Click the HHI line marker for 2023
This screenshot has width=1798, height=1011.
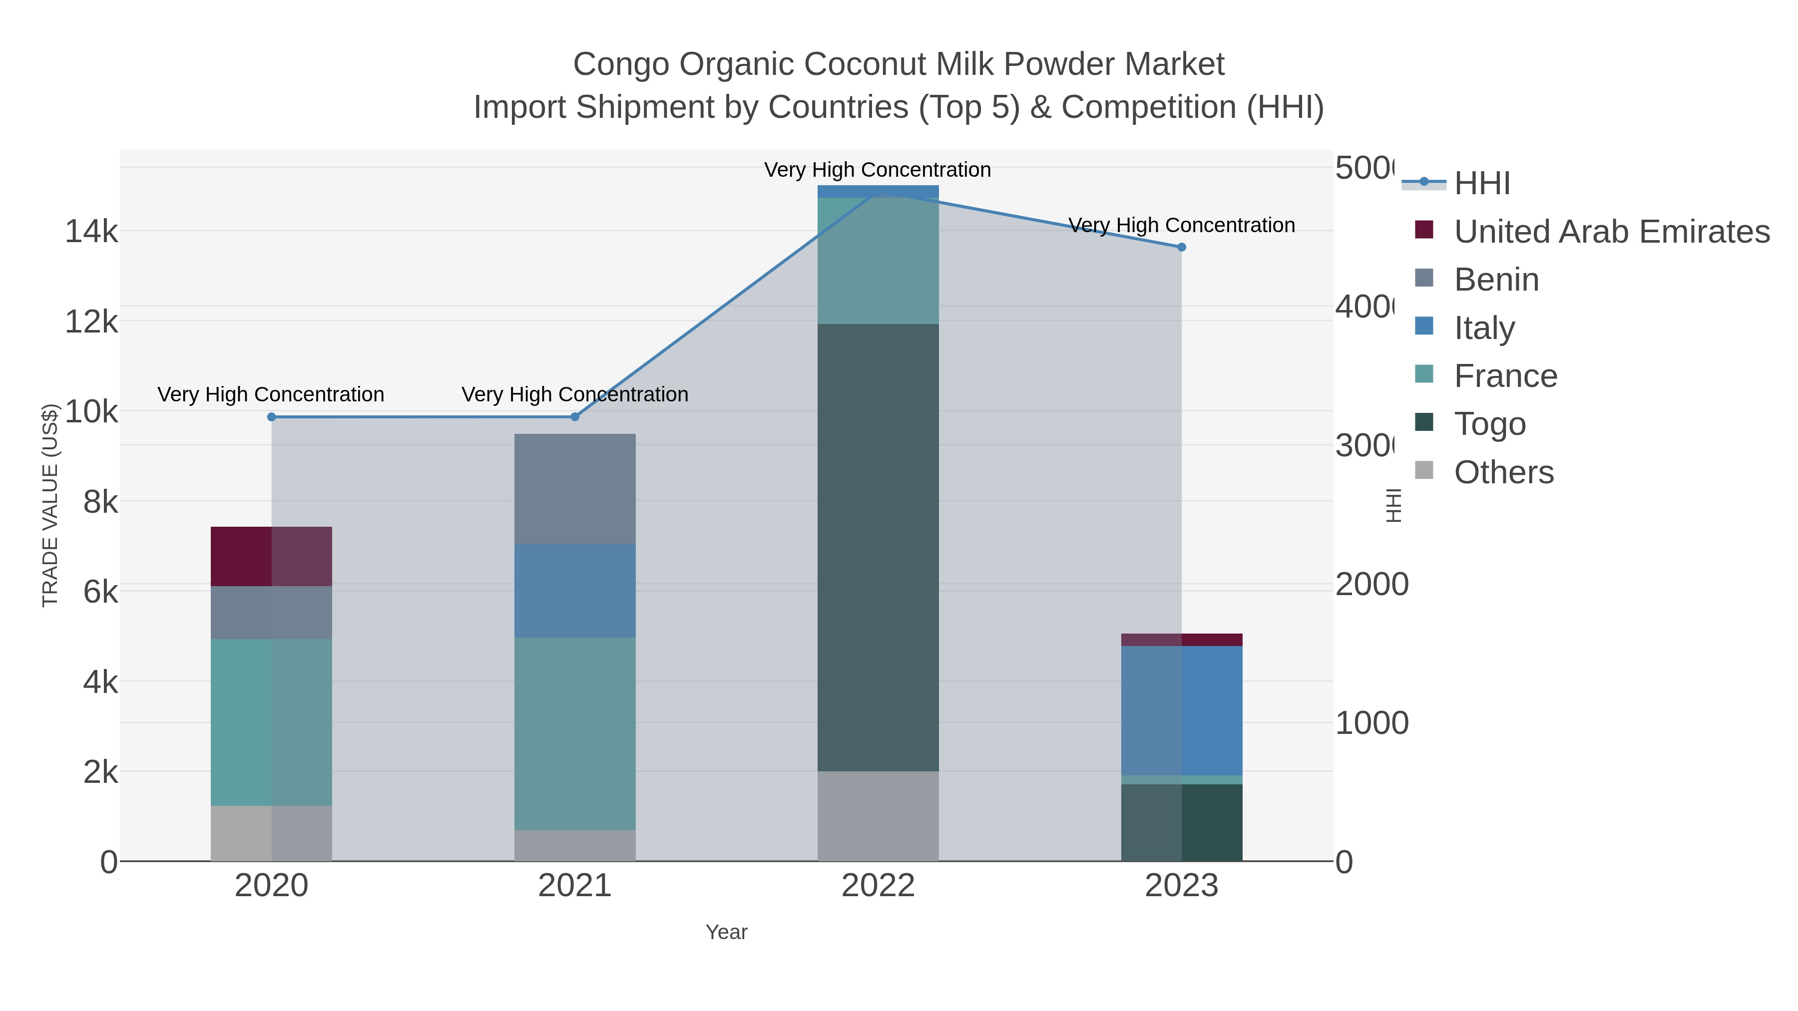pos(1181,247)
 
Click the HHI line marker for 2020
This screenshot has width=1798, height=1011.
pos(272,416)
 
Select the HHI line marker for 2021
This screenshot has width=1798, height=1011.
pos(574,416)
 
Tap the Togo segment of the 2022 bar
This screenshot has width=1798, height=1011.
pos(878,548)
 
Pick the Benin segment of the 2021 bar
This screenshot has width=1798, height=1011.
pos(574,488)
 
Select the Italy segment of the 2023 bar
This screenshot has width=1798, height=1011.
pos(1181,710)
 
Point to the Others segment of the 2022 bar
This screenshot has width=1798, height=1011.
pos(878,816)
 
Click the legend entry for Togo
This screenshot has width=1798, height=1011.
pos(1489,423)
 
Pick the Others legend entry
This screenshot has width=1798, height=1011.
pos(1503,472)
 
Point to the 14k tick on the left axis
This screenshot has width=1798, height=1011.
pos(91,231)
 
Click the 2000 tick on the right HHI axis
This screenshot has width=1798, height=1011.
pos(1371,584)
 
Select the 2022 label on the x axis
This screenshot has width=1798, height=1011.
pos(878,885)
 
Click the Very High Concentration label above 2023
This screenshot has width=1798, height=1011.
pos(1181,225)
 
